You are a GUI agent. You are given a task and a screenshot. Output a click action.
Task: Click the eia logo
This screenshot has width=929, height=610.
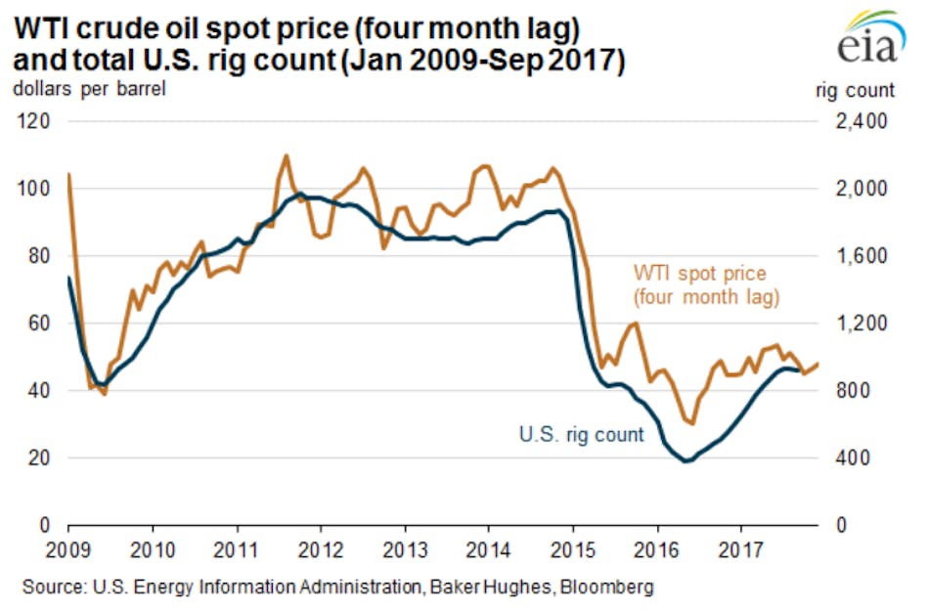tap(867, 39)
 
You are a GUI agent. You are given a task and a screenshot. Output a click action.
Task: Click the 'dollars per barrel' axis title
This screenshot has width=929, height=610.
tap(89, 90)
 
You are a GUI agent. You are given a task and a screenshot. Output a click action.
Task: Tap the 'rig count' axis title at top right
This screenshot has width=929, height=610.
tap(854, 90)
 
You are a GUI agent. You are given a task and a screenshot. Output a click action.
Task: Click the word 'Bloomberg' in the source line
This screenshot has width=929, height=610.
tap(610, 588)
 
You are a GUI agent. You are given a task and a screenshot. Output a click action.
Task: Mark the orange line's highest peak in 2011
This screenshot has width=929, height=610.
tap(286, 155)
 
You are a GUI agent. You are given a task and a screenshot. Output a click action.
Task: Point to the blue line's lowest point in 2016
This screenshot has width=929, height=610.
tap(686, 460)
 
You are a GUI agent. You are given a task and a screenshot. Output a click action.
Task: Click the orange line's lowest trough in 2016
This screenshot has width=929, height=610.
tap(692, 423)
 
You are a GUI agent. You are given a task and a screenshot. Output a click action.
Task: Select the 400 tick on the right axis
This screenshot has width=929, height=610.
tap(861, 457)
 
